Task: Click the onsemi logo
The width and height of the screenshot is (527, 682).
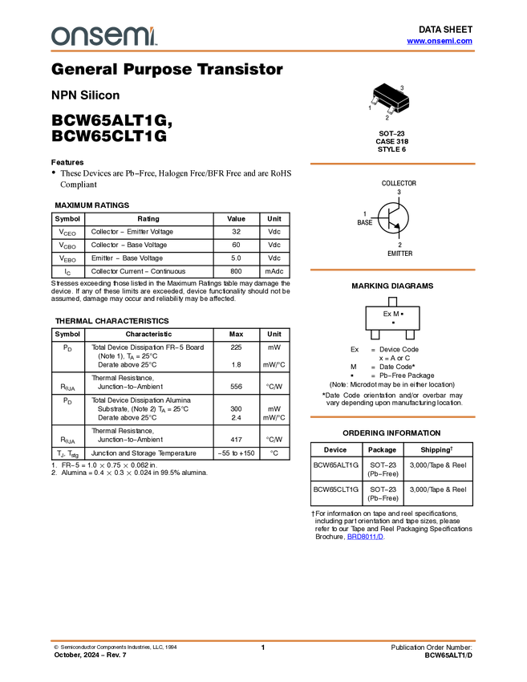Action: click(104, 36)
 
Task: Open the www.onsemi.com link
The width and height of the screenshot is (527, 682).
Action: click(440, 41)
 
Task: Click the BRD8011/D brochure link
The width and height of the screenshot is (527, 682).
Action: click(365, 537)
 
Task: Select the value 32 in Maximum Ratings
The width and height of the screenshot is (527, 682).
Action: click(236, 232)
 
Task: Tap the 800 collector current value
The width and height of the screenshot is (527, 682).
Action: click(236, 271)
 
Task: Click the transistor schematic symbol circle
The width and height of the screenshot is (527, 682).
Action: click(393, 217)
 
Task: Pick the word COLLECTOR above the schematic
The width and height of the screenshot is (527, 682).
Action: click(399, 183)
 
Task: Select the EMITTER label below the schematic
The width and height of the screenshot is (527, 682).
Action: click(400, 253)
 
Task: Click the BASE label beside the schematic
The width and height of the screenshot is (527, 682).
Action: click(365, 222)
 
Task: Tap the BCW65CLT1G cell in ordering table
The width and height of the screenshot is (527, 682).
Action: click(336, 489)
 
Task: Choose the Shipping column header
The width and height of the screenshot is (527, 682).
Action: click(436, 450)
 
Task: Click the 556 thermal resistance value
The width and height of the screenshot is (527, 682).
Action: click(236, 387)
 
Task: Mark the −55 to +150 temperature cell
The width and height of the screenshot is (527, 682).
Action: click(236, 453)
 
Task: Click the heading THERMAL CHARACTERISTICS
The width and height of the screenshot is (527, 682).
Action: click(111, 321)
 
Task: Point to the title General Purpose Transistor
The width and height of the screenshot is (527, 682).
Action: click(167, 69)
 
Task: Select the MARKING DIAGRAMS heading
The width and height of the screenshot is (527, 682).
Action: click(392, 286)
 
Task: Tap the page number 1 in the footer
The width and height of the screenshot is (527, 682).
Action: click(263, 647)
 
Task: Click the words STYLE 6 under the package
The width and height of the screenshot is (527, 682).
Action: click(391, 149)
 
